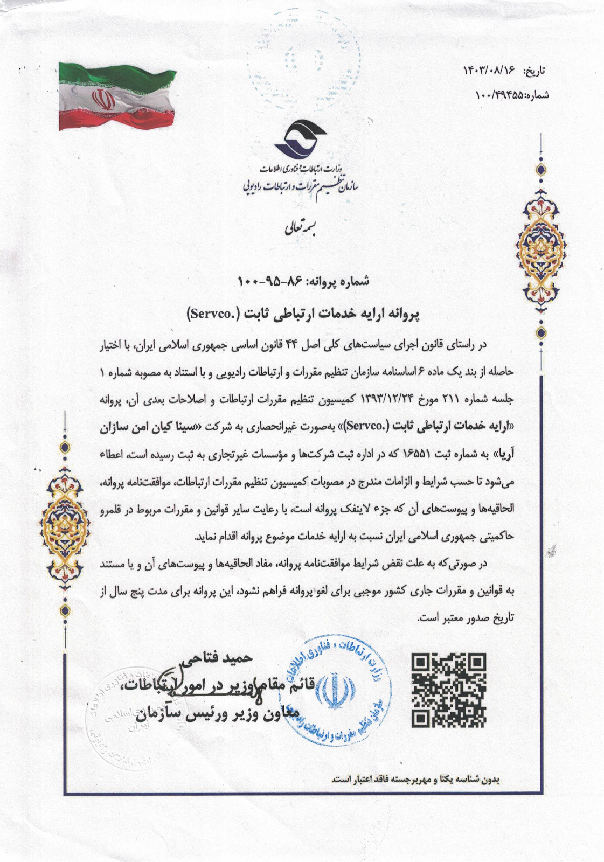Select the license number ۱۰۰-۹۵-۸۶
pyautogui.click(x=265, y=281)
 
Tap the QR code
pyautogui.click(x=448, y=690)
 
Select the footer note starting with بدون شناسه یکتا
pyautogui.click(x=416, y=779)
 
